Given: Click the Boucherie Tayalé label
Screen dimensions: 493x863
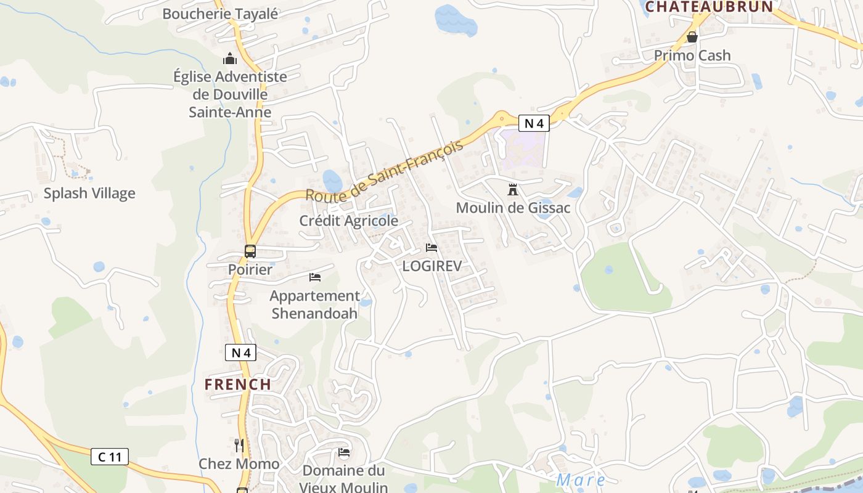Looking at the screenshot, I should click(x=220, y=14).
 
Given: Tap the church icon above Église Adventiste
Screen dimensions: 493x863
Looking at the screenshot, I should click(x=230, y=59).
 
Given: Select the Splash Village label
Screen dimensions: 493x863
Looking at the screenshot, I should click(x=89, y=194).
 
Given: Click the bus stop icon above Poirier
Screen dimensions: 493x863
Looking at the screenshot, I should click(x=250, y=251).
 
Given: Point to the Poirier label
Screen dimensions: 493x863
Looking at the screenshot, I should click(x=250, y=270).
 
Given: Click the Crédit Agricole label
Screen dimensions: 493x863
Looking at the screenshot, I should click(x=349, y=221).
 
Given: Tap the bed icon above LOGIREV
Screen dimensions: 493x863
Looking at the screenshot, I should click(x=431, y=248).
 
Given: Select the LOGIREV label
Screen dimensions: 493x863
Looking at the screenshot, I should click(x=431, y=266).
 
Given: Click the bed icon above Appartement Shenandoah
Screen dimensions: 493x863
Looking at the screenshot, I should click(x=315, y=277).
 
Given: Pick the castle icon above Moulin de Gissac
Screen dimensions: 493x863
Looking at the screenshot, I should click(x=513, y=189).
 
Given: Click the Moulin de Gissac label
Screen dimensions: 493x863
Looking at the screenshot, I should click(x=513, y=208).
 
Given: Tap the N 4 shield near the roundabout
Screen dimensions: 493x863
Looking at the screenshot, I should click(x=533, y=123).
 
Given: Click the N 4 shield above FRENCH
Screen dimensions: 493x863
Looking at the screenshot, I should click(x=240, y=353).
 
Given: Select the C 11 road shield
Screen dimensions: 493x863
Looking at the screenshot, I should click(x=110, y=457).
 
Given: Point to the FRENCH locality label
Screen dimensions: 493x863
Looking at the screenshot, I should click(x=238, y=385).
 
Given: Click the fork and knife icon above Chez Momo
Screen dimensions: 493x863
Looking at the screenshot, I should click(x=239, y=445).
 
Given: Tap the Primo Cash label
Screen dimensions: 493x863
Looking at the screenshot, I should click(x=692, y=55).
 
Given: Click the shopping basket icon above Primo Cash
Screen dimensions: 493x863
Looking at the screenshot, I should click(x=692, y=37).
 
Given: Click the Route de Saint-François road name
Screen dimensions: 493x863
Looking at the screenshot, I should click(x=383, y=172).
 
